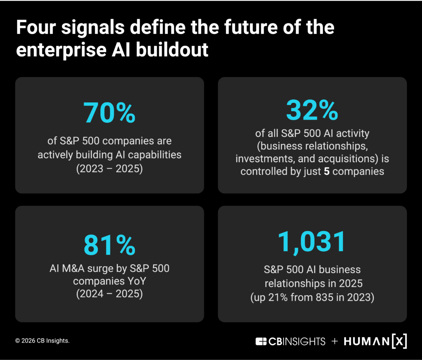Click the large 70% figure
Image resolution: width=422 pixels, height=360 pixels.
[x=109, y=113]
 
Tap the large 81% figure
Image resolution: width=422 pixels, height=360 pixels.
[x=109, y=245]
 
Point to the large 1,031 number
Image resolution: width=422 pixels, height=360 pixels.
[x=312, y=242]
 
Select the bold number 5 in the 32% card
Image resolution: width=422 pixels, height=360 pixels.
[x=327, y=171]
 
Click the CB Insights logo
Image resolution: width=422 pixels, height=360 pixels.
[x=290, y=341]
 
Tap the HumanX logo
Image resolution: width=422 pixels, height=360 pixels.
[x=375, y=341]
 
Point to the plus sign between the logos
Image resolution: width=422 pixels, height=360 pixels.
[x=335, y=341]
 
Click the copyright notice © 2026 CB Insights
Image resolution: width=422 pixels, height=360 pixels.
[x=42, y=341]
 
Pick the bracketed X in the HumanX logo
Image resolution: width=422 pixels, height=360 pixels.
[x=399, y=341]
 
